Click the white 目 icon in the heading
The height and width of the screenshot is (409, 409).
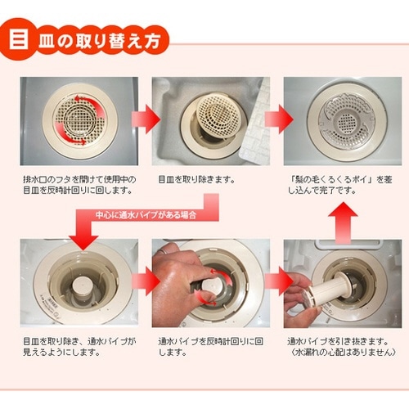(20, 40)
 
